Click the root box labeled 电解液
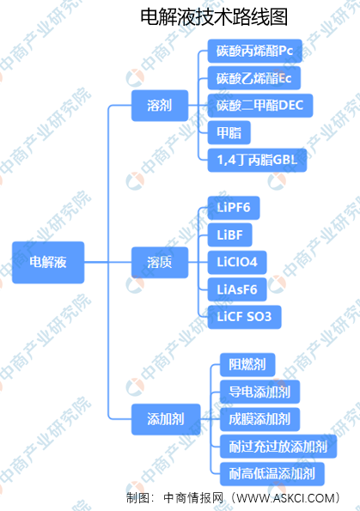click(48, 262)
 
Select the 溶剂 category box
click(160, 106)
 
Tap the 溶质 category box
click(160, 262)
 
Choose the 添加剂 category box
click(166, 419)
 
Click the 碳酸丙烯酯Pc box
click(254, 51)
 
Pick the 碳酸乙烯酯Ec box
click(254, 78)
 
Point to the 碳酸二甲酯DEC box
click(260, 106)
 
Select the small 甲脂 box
click(229, 132)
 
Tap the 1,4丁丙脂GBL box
click(257, 160)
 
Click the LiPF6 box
click(234, 208)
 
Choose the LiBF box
click(230, 235)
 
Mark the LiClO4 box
click(237, 262)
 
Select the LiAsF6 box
click(237, 289)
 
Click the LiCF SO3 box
click(244, 317)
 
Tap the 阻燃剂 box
click(247, 365)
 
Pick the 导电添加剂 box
click(259, 392)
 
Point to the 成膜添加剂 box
click(259, 419)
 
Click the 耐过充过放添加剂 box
click(278, 447)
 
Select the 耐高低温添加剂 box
click(272, 473)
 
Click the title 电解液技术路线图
click(214, 17)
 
